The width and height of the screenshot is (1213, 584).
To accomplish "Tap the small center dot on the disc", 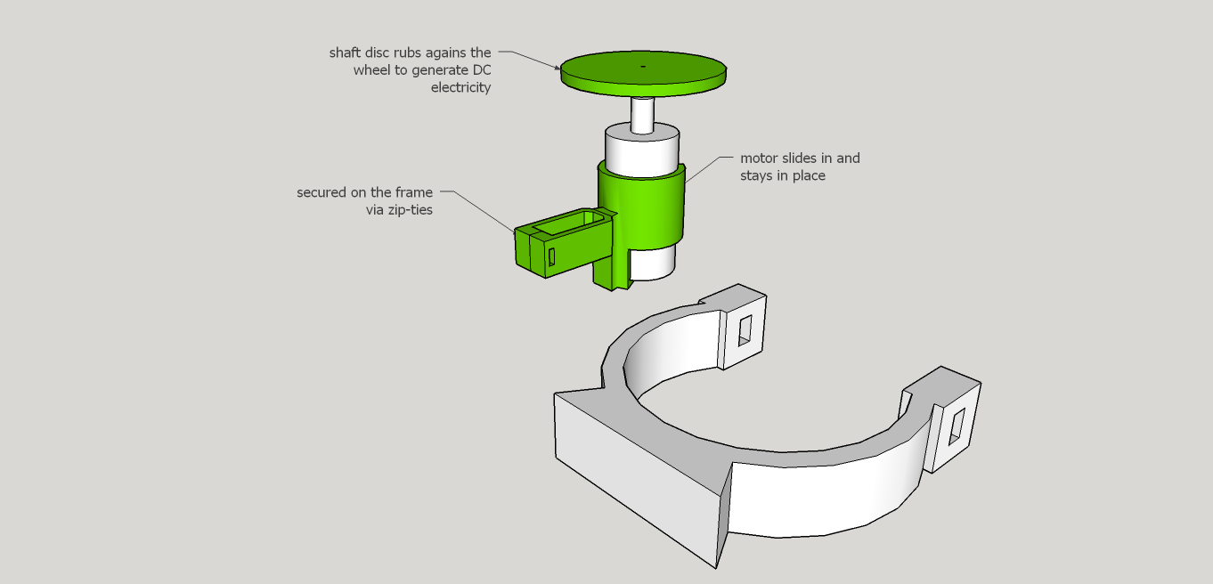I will tap(642, 66).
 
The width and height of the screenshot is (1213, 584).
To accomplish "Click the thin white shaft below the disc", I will tap(642, 114).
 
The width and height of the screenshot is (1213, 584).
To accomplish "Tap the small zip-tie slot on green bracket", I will tap(551, 256).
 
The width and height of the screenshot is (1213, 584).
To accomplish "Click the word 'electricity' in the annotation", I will tap(460, 87).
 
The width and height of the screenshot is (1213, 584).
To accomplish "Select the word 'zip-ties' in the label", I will tap(409, 210).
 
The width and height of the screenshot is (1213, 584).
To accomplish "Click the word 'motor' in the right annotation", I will tap(759, 158).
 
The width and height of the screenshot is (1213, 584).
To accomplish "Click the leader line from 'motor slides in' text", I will tap(704, 169).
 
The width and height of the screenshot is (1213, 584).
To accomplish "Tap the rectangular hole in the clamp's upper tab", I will tap(745, 330).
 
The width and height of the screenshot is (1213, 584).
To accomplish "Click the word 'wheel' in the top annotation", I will tap(372, 70).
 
